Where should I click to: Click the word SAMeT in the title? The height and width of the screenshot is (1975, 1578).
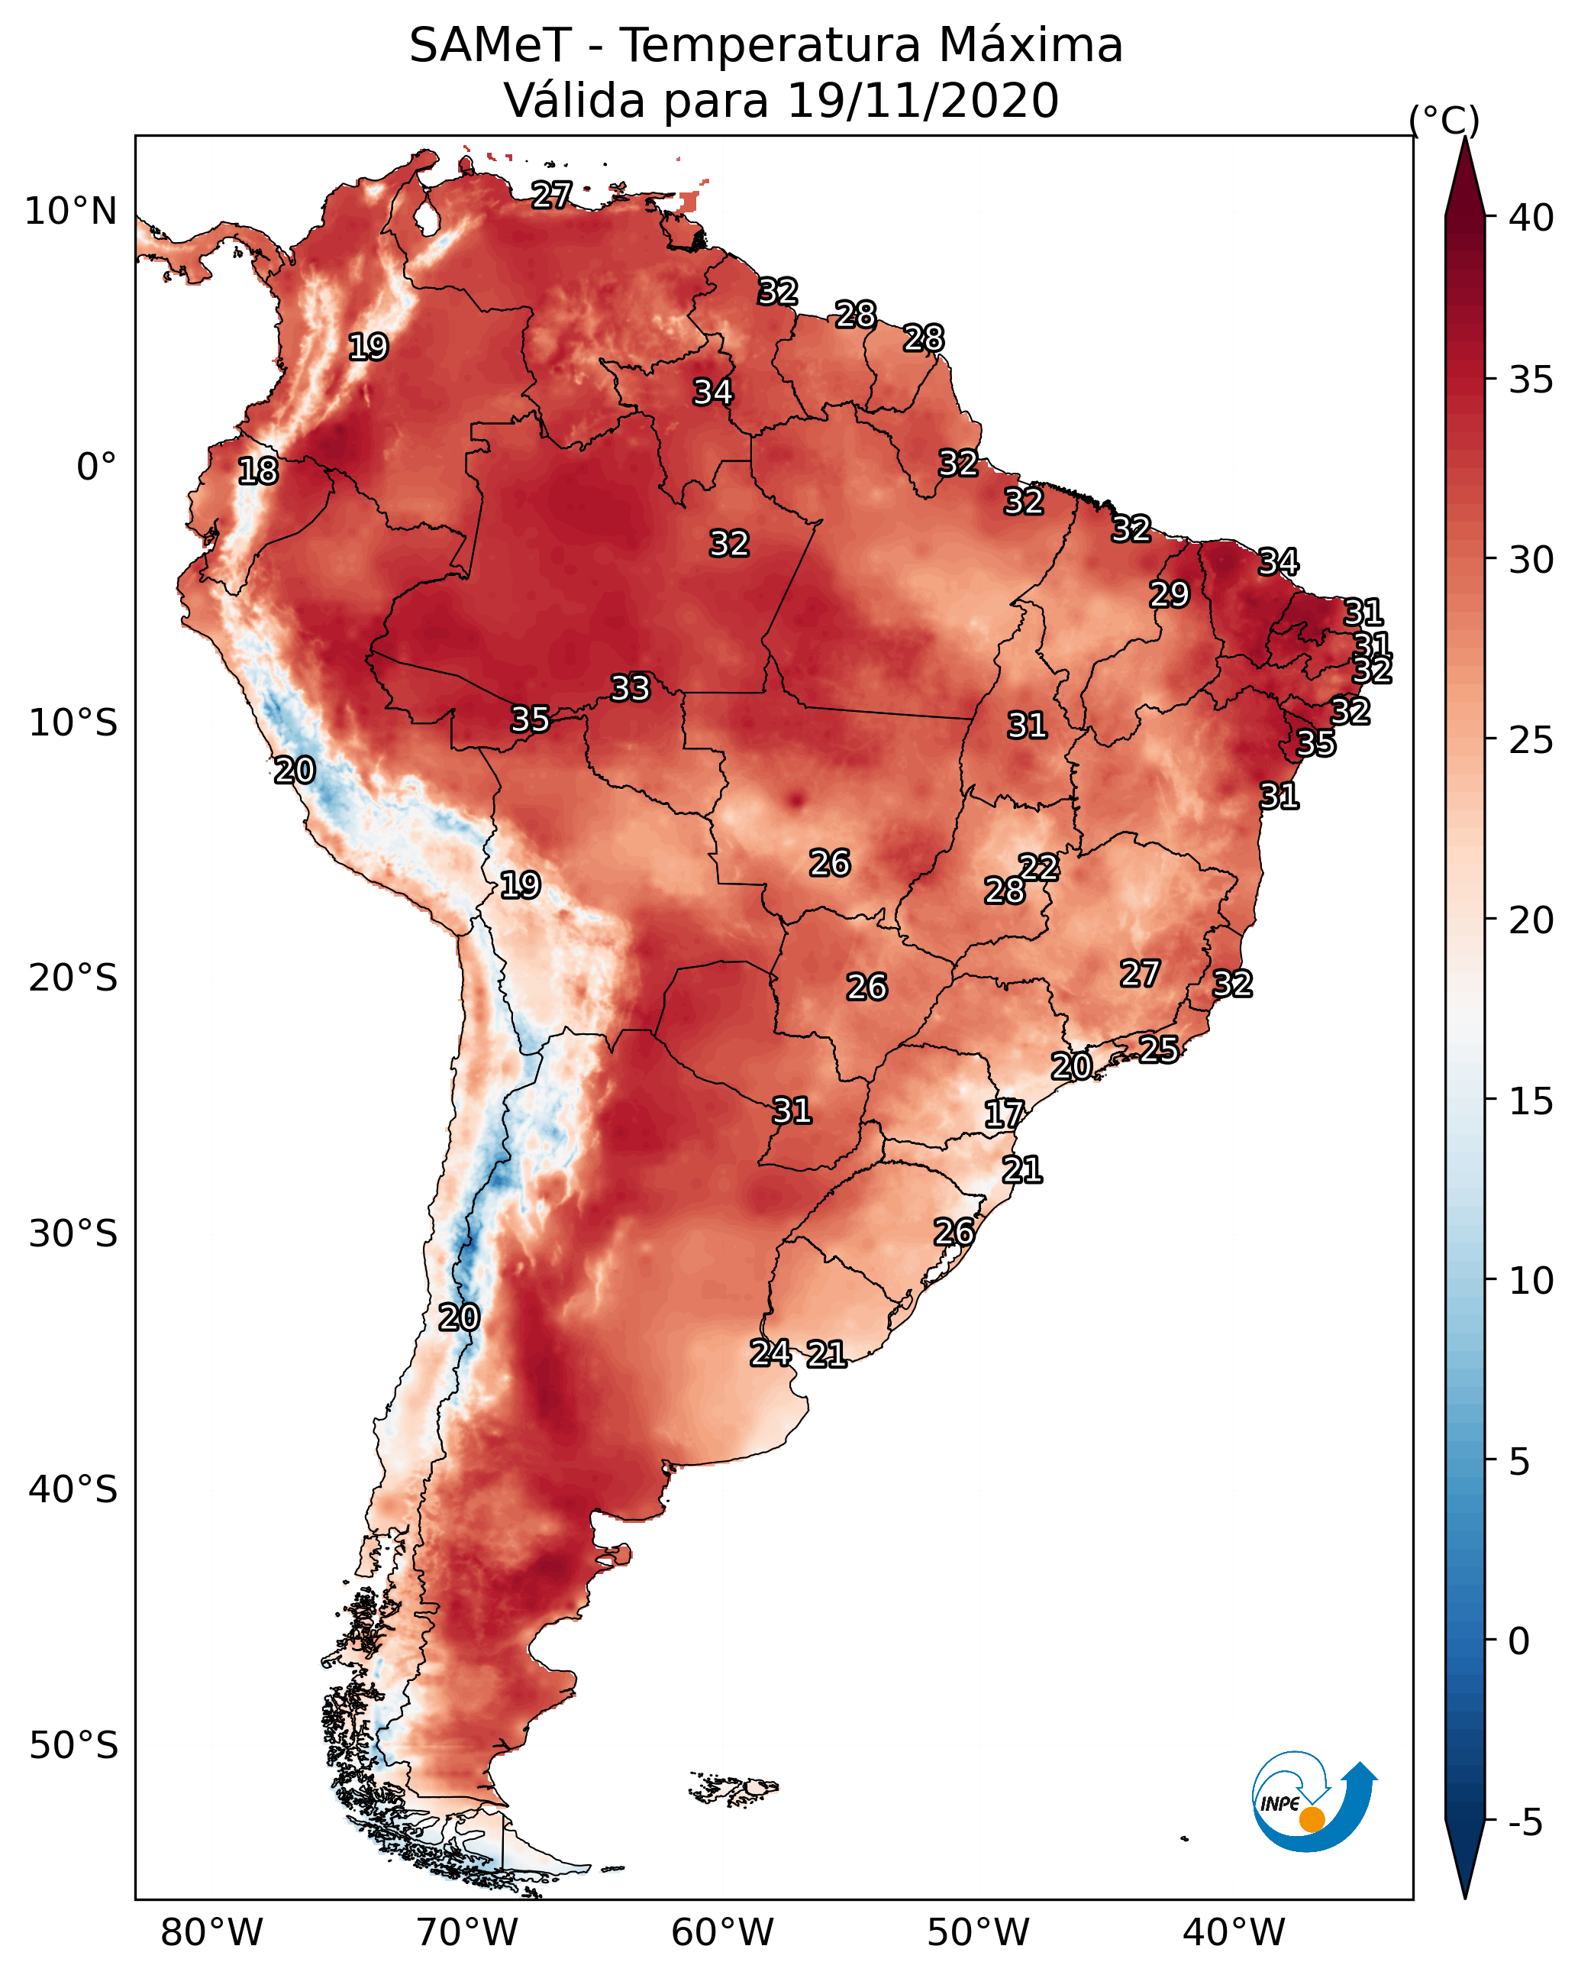tap(490, 46)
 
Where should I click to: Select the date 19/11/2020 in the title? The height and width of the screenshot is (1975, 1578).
tap(922, 101)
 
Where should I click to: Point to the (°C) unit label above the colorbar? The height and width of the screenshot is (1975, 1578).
tap(1444, 120)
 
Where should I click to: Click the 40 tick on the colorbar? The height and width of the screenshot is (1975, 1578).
tap(1531, 218)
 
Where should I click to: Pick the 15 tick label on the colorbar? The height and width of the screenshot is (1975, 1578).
tap(1531, 1101)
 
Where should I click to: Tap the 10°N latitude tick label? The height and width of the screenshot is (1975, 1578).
tap(70, 212)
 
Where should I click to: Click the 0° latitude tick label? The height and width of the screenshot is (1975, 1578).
tap(96, 467)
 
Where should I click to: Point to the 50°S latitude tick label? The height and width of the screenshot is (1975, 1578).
tap(73, 1745)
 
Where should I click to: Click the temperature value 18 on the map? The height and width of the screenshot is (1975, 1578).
tap(258, 471)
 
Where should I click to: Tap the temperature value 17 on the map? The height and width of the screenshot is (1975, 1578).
tap(1004, 1114)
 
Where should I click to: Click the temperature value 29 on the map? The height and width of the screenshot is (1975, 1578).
tap(1170, 594)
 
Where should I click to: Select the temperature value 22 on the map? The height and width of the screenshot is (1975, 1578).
tap(1038, 867)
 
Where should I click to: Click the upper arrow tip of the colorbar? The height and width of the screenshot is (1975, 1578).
tap(1464, 137)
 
